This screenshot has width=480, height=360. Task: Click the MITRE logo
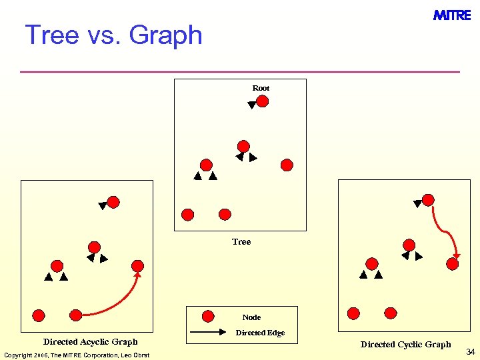452,15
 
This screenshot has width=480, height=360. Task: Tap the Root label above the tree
261,88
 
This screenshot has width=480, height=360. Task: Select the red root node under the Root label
263,101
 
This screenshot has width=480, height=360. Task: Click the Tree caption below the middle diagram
241,242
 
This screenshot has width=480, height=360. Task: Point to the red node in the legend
208,316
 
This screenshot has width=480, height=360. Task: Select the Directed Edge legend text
260,333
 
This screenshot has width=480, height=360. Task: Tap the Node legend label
251,317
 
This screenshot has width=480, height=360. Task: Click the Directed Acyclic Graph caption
91,342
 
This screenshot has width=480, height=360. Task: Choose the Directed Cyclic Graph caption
405,345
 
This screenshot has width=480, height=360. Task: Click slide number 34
470,351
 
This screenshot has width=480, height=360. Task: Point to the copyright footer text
77,355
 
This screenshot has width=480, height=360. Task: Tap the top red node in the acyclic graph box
114,201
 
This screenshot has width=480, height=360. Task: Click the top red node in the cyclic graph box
429,199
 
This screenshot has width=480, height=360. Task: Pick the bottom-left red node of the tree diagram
188,215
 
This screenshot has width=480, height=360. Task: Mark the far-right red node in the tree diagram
287,165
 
